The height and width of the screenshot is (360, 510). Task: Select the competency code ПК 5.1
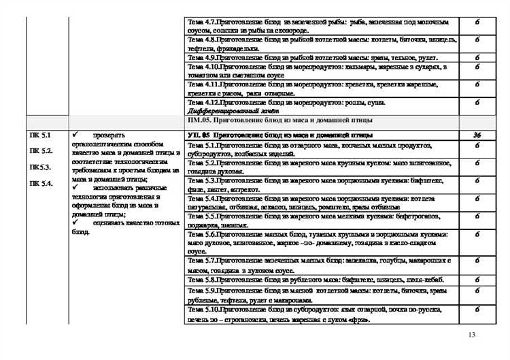click(39, 135)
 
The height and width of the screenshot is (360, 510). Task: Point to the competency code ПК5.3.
click(39, 167)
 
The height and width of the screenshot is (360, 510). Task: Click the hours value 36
click(477, 135)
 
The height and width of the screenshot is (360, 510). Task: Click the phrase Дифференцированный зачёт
click(224, 110)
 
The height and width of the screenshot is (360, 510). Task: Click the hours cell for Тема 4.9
click(477, 58)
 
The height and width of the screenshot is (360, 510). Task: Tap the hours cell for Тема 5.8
click(477, 279)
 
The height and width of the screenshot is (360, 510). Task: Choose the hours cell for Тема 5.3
click(477, 181)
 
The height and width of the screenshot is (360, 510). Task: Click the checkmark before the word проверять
click(75, 135)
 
